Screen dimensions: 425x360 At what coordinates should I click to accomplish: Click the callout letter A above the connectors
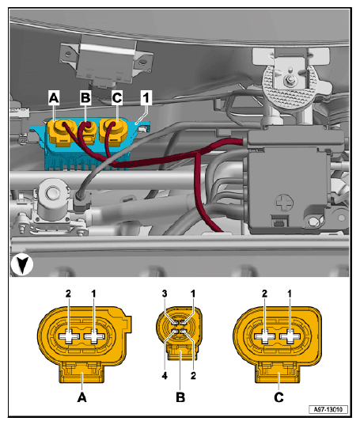[54, 98]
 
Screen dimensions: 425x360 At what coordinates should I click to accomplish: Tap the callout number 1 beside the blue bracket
[146, 98]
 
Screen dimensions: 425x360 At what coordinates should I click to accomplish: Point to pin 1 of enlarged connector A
[95, 336]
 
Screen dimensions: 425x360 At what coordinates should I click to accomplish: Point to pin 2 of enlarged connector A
[69, 336]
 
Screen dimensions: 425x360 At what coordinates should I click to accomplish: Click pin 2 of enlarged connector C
[265, 336]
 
